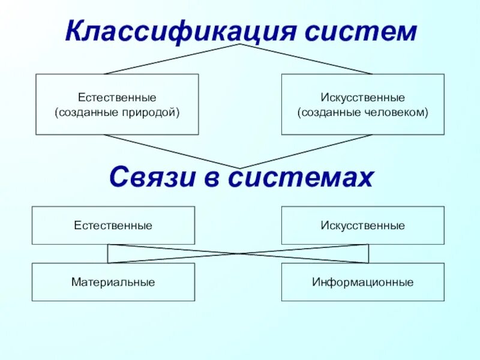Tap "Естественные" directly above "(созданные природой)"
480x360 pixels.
coord(117,97)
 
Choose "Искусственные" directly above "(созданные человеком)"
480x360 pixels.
coord(362,97)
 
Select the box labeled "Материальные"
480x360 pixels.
coord(113,282)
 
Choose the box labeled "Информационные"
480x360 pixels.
coord(362,282)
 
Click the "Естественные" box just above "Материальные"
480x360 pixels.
coord(113,226)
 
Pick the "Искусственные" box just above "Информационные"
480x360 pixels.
coord(362,226)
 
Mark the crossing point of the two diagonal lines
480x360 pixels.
coord(239,254)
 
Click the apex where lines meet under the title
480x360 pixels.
coord(240,44)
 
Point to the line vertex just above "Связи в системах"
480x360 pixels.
coord(240,168)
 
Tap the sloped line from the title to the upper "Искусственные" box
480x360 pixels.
coord(306,59)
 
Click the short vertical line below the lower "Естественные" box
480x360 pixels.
coord(108,254)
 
